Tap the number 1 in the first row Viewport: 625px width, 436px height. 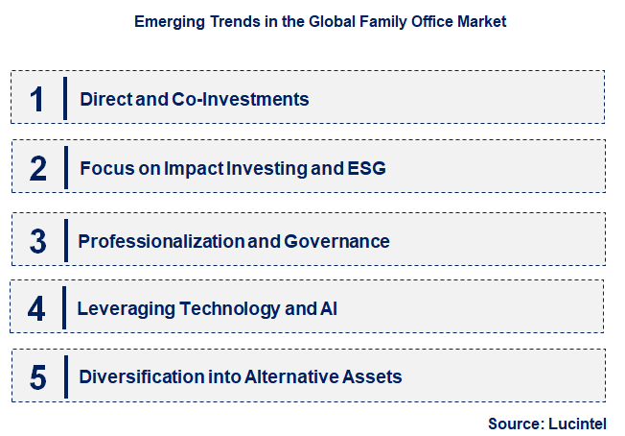click(37, 98)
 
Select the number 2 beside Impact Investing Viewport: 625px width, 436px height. click(37, 169)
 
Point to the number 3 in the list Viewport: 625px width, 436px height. click(37, 240)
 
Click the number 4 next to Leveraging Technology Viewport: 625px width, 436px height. click(37, 309)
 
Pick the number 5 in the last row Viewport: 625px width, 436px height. click(37, 377)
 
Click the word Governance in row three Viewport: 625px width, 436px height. click(336, 241)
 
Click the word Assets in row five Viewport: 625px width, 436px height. click(375, 376)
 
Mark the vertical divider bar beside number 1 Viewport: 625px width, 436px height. click(65, 98)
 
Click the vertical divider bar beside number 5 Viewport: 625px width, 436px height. click(65, 376)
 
